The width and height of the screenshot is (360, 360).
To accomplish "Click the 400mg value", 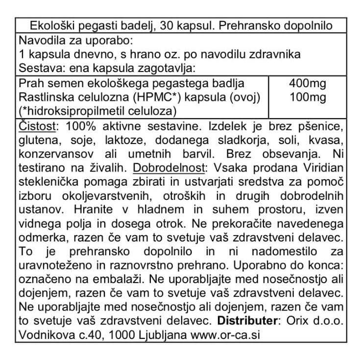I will tap(308, 83).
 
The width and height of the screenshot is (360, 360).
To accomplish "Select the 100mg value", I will tap(308, 97).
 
